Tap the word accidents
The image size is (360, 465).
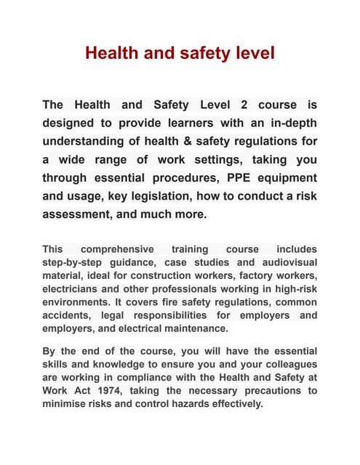point(70,315)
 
